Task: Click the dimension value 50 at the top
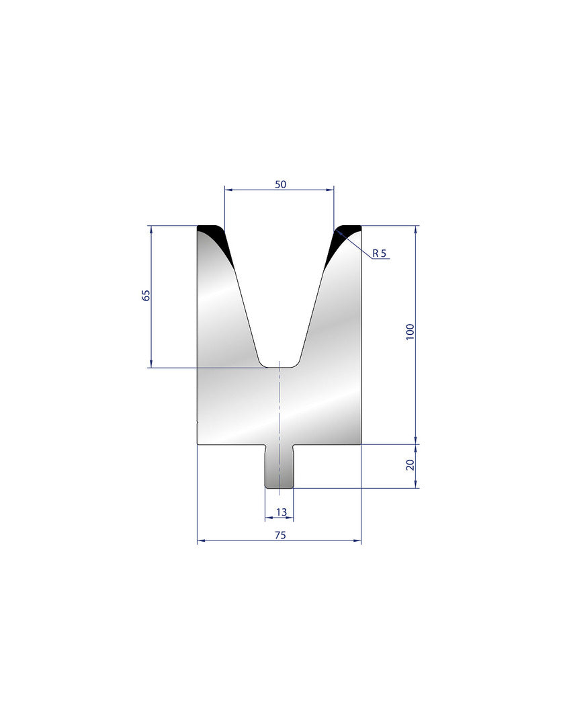281,184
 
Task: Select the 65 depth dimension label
146,295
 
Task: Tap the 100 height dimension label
410,332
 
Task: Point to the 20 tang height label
410,465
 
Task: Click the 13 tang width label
281,512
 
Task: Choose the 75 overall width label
280,535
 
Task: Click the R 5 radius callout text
379,253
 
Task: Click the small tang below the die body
279,466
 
